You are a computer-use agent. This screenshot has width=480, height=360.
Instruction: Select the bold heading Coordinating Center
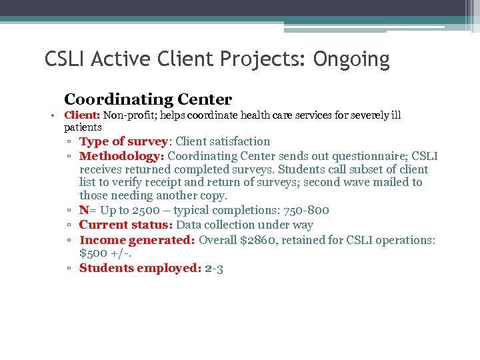point(148,100)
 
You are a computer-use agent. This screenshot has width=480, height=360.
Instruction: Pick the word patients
point(83,127)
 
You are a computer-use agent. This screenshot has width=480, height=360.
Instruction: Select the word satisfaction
point(239,141)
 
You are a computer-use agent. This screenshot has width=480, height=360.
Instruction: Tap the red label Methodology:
point(121,156)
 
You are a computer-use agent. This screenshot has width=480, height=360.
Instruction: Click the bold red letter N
point(83,211)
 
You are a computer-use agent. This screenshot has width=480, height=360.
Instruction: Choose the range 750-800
point(306,211)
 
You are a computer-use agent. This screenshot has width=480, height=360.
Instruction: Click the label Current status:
point(126,225)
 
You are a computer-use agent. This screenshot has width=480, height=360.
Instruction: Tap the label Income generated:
point(137,240)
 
